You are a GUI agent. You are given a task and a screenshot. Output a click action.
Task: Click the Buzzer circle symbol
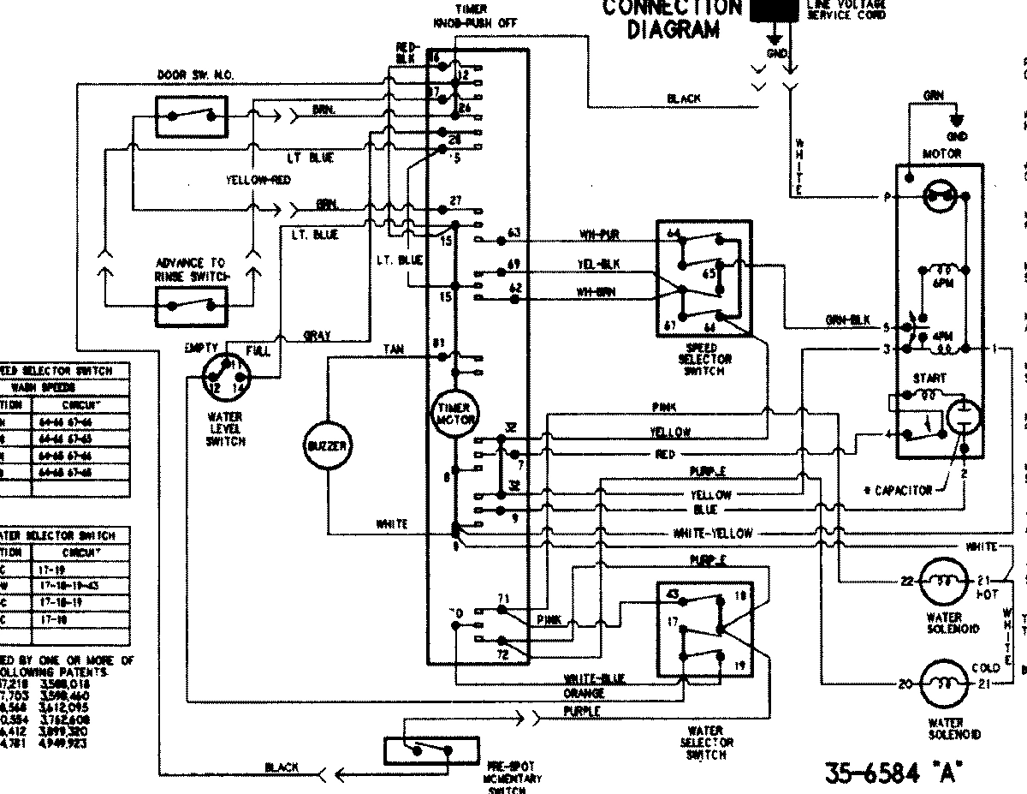[327, 447]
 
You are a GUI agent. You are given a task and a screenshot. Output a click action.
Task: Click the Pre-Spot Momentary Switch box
[419, 750]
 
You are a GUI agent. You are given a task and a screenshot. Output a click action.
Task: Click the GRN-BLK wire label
[847, 320]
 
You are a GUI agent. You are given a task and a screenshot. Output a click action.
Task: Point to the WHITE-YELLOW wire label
[713, 533]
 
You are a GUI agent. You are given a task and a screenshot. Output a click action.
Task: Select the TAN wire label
[393, 349]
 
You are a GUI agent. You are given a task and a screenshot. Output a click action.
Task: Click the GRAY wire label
[318, 336]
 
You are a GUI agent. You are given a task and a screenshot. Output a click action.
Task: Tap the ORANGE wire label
[584, 692]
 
